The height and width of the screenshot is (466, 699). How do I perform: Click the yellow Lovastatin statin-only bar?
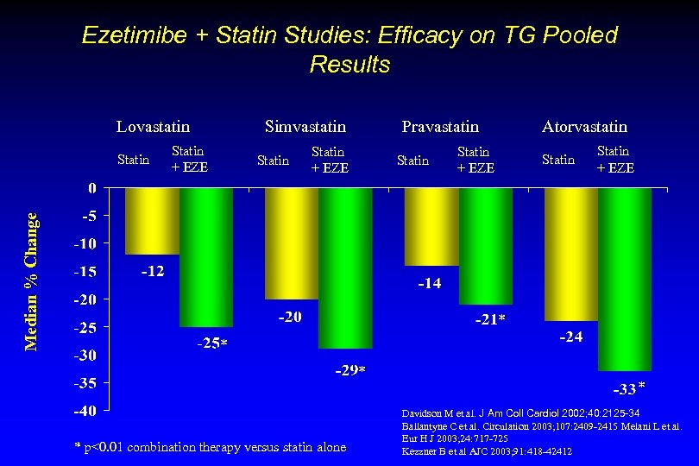tap(152, 221)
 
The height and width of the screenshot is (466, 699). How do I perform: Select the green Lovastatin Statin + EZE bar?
tap(206, 256)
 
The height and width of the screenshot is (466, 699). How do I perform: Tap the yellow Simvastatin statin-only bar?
tap(292, 243)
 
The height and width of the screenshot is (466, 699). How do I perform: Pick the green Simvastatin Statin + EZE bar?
tap(345, 268)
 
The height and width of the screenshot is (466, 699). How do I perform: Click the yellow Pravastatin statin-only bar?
tap(431, 226)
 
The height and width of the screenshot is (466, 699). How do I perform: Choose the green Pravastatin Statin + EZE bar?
tap(486, 246)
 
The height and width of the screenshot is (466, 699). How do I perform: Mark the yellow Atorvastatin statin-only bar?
tap(571, 254)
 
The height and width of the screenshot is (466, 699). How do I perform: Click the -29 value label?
tap(346, 371)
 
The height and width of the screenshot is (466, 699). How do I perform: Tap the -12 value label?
tap(153, 271)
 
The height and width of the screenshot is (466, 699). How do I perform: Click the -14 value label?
tap(429, 283)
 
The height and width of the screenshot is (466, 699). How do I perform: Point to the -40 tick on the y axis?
tap(83, 410)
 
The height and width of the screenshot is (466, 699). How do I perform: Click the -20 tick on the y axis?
tap(83, 299)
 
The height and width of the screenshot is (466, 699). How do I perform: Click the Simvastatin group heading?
tap(305, 127)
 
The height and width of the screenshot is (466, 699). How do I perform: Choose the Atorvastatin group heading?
tap(584, 127)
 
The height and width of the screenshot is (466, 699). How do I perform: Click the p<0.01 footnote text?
tap(211, 447)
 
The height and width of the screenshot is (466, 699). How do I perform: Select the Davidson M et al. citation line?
tap(521, 413)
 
